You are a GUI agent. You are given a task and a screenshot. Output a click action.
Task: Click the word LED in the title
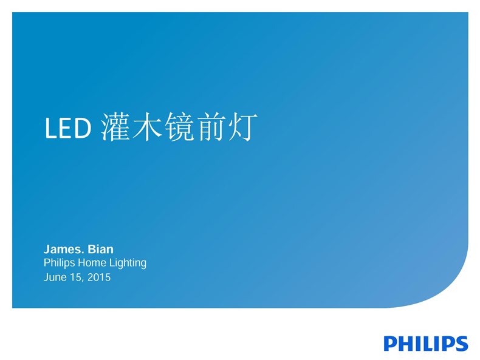68,128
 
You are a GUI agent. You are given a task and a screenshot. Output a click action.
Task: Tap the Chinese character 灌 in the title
115,127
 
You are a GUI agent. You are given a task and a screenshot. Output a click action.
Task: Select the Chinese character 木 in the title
148,127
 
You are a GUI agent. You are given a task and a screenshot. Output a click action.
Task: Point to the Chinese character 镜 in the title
180,127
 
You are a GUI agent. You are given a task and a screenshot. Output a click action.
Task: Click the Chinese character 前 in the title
211,127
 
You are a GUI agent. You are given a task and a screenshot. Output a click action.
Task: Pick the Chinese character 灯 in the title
243,127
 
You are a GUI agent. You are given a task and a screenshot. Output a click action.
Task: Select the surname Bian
101,250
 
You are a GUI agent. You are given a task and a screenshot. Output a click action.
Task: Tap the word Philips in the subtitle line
60,263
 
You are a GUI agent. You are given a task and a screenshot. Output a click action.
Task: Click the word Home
92,262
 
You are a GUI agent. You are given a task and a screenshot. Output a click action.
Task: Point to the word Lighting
128,263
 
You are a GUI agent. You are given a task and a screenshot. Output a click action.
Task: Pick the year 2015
99,277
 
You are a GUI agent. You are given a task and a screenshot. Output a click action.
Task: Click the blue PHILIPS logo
426,344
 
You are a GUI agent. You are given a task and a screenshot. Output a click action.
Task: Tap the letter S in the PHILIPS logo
461,344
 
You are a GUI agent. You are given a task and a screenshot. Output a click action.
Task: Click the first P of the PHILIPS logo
391,344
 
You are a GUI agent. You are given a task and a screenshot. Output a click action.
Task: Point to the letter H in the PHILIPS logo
406,344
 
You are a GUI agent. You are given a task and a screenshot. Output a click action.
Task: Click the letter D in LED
83,128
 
